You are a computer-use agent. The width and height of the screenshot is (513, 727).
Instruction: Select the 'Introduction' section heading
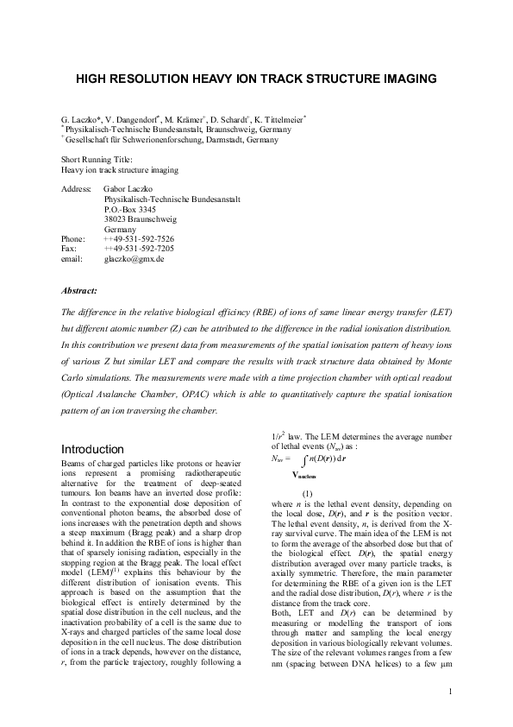[93, 449]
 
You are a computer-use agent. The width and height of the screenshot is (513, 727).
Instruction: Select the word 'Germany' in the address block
[119, 229]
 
